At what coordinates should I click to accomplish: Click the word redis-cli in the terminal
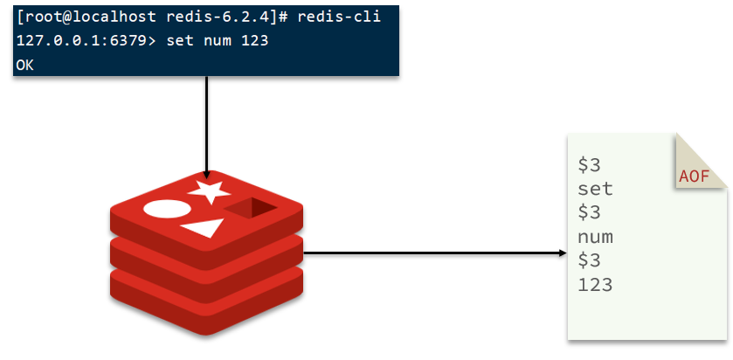point(339,17)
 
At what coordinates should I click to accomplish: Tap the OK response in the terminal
point(24,65)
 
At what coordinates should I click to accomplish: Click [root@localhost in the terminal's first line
point(86,17)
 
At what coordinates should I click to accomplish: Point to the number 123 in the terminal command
point(255,41)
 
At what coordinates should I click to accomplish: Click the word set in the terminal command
point(180,41)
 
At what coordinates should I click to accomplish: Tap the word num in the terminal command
point(218,42)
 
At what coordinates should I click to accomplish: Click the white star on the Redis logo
point(209,190)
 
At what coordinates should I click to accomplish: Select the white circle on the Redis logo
point(167,209)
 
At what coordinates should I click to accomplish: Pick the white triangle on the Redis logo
point(204,228)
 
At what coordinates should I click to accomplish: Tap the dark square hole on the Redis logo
point(251,208)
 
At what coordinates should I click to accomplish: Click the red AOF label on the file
point(695,177)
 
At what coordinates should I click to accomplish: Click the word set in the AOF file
point(595,190)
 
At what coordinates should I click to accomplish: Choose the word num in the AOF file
point(595,238)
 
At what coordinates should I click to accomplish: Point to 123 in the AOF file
point(595,284)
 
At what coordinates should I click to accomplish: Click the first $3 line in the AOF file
point(589,165)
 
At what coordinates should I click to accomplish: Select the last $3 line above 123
point(589,260)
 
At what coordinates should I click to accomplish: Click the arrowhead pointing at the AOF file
point(563,253)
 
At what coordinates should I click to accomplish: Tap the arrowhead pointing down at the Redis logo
point(206,175)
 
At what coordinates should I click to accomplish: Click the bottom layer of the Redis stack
point(206,304)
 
